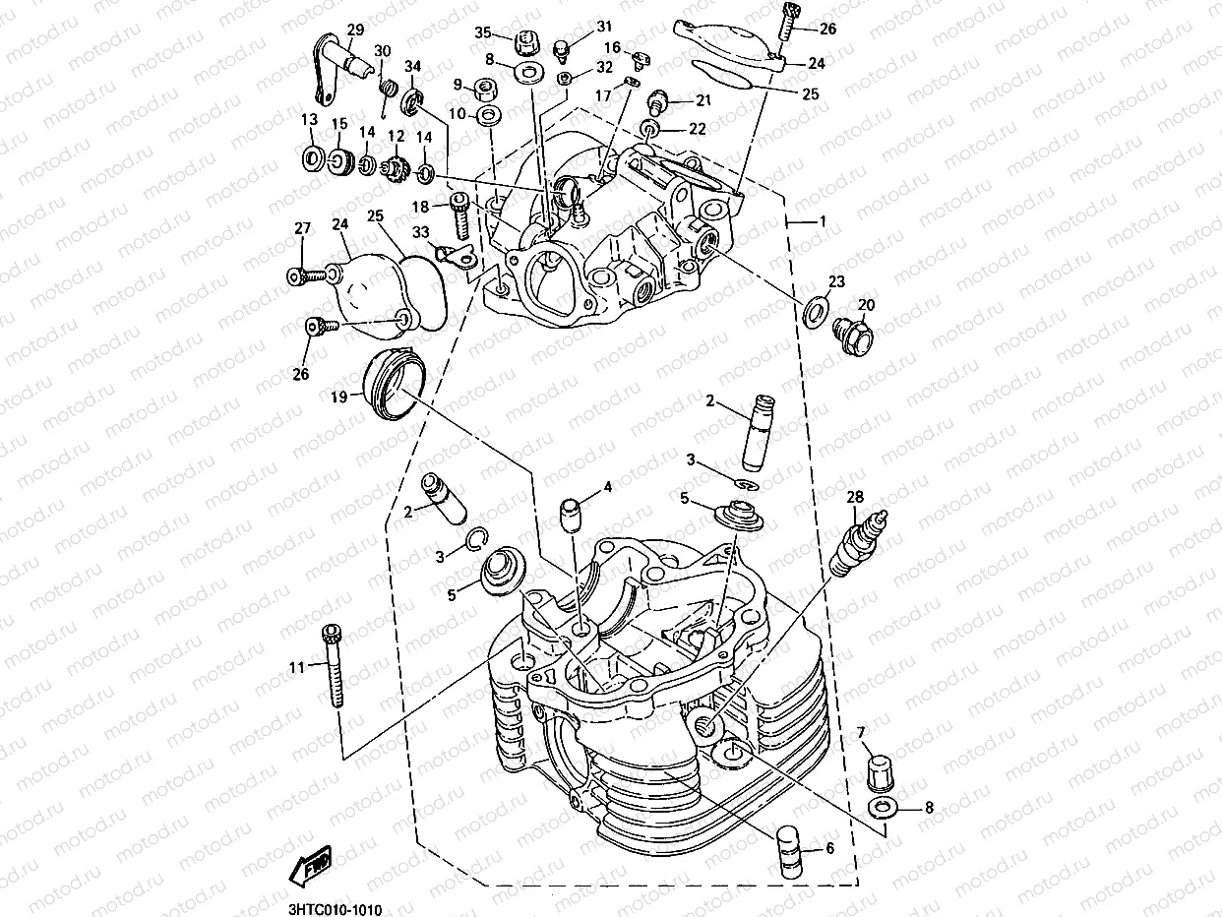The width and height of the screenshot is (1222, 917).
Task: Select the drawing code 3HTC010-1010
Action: click(335, 911)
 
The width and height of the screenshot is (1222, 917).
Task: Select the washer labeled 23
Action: click(815, 312)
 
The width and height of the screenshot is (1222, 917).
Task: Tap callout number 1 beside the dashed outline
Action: click(822, 222)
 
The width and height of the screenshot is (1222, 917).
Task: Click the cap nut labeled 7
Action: click(877, 768)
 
